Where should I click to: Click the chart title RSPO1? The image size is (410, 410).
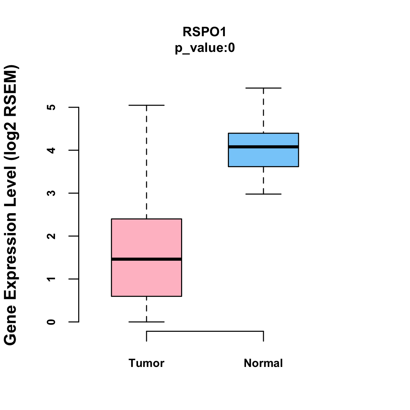(x=205, y=32)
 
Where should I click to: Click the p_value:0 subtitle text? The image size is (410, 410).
(x=205, y=48)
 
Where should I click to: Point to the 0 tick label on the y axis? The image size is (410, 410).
(x=52, y=322)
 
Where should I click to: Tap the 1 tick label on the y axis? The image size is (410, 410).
(x=52, y=279)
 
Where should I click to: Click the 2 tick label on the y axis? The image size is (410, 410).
(x=52, y=236)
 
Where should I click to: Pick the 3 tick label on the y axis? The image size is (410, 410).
(x=52, y=193)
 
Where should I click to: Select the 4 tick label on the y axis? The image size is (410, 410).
(x=52, y=150)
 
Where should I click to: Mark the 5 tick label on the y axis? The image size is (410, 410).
(x=52, y=107)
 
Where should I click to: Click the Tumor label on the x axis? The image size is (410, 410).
(x=146, y=363)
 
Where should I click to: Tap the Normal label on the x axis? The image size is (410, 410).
(x=263, y=363)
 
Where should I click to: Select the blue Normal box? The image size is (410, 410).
(x=263, y=157)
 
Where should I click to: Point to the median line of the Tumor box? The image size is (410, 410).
(x=146, y=259)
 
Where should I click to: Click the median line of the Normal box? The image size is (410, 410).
(x=263, y=147)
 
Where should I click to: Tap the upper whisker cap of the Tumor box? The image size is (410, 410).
(x=146, y=105)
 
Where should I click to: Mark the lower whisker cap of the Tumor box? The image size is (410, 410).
(x=146, y=322)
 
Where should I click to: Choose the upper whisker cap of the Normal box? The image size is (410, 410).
(x=263, y=88)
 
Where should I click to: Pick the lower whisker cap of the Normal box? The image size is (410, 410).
(x=263, y=194)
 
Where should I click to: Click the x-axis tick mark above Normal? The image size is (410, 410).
(x=263, y=336)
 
